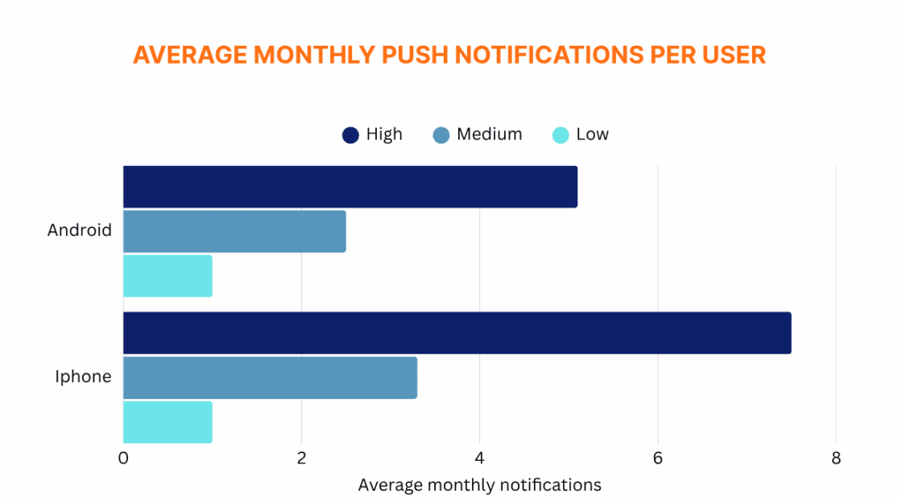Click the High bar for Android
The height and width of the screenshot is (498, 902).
(350, 187)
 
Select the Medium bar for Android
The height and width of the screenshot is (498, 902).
(234, 231)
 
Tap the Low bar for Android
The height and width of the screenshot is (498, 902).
(168, 276)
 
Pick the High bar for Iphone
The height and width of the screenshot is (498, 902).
(457, 333)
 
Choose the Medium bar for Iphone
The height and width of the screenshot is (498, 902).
(270, 377)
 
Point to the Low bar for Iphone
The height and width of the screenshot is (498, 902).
(168, 421)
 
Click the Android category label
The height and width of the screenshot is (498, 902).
(79, 230)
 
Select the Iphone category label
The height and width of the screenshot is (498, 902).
(83, 376)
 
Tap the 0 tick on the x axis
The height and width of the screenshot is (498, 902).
(123, 459)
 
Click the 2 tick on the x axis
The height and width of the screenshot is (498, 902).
(301, 459)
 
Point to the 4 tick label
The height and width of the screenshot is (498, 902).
(480, 459)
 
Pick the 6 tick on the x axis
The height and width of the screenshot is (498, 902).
(658, 459)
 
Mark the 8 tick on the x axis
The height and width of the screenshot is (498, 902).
(836, 459)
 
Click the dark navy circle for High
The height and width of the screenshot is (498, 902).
(350, 135)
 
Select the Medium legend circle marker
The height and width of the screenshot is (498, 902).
(441, 135)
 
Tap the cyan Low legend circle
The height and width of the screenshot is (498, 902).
(561, 135)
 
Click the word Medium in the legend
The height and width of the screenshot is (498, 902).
(489, 134)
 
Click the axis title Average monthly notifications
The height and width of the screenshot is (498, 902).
(479, 485)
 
